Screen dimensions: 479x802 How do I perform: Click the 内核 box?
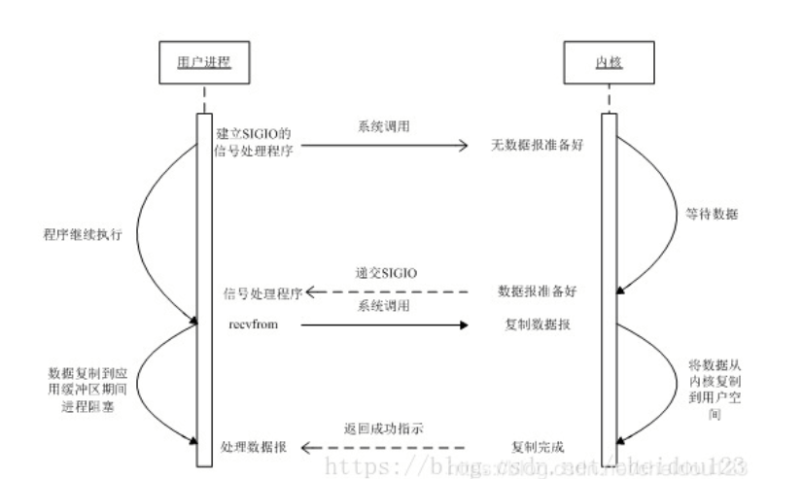pyautogui.click(x=609, y=65)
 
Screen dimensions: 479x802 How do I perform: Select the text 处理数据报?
pyautogui.click(x=257, y=447)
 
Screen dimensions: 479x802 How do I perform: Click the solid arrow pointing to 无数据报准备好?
pyautogui.click(x=389, y=147)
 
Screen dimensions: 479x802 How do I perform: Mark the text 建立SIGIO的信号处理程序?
pyautogui.click(x=258, y=140)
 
